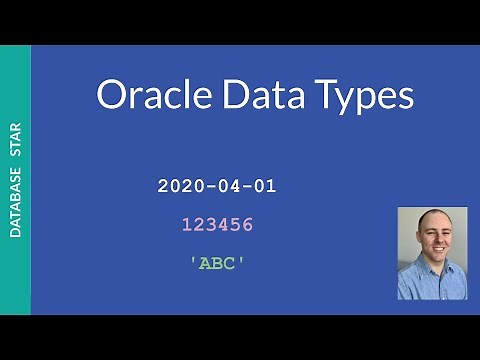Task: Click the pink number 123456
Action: click(x=217, y=225)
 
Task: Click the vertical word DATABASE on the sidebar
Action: click(x=16, y=199)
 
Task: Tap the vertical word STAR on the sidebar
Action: click(x=16, y=137)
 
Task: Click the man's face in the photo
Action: click(x=431, y=240)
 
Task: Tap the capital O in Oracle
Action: click(x=112, y=95)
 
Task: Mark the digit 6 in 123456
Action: click(x=247, y=225)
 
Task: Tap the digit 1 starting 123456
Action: click(x=187, y=225)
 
